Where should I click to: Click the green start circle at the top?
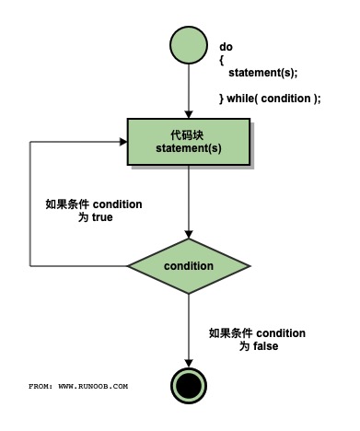[188, 45]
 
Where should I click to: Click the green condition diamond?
[188, 265]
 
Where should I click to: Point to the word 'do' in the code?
[226, 46]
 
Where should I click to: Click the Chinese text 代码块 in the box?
[188, 134]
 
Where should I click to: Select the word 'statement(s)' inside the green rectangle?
[188, 149]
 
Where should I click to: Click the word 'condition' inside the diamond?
[188, 266]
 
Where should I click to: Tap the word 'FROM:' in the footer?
[41, 386]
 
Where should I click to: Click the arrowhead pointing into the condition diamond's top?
[188, 234]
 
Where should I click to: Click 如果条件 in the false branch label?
[228, 332]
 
